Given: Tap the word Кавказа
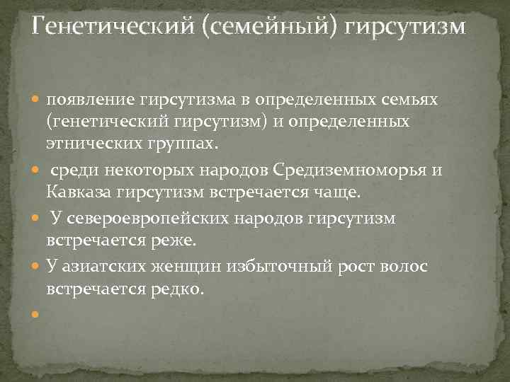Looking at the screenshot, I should click(x=79, y=192).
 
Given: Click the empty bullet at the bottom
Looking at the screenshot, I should click(x=38, y=313).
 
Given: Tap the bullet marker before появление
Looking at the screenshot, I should click(x=38, y=101).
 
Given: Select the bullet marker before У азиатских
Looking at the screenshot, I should click(x=38, y=267).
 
